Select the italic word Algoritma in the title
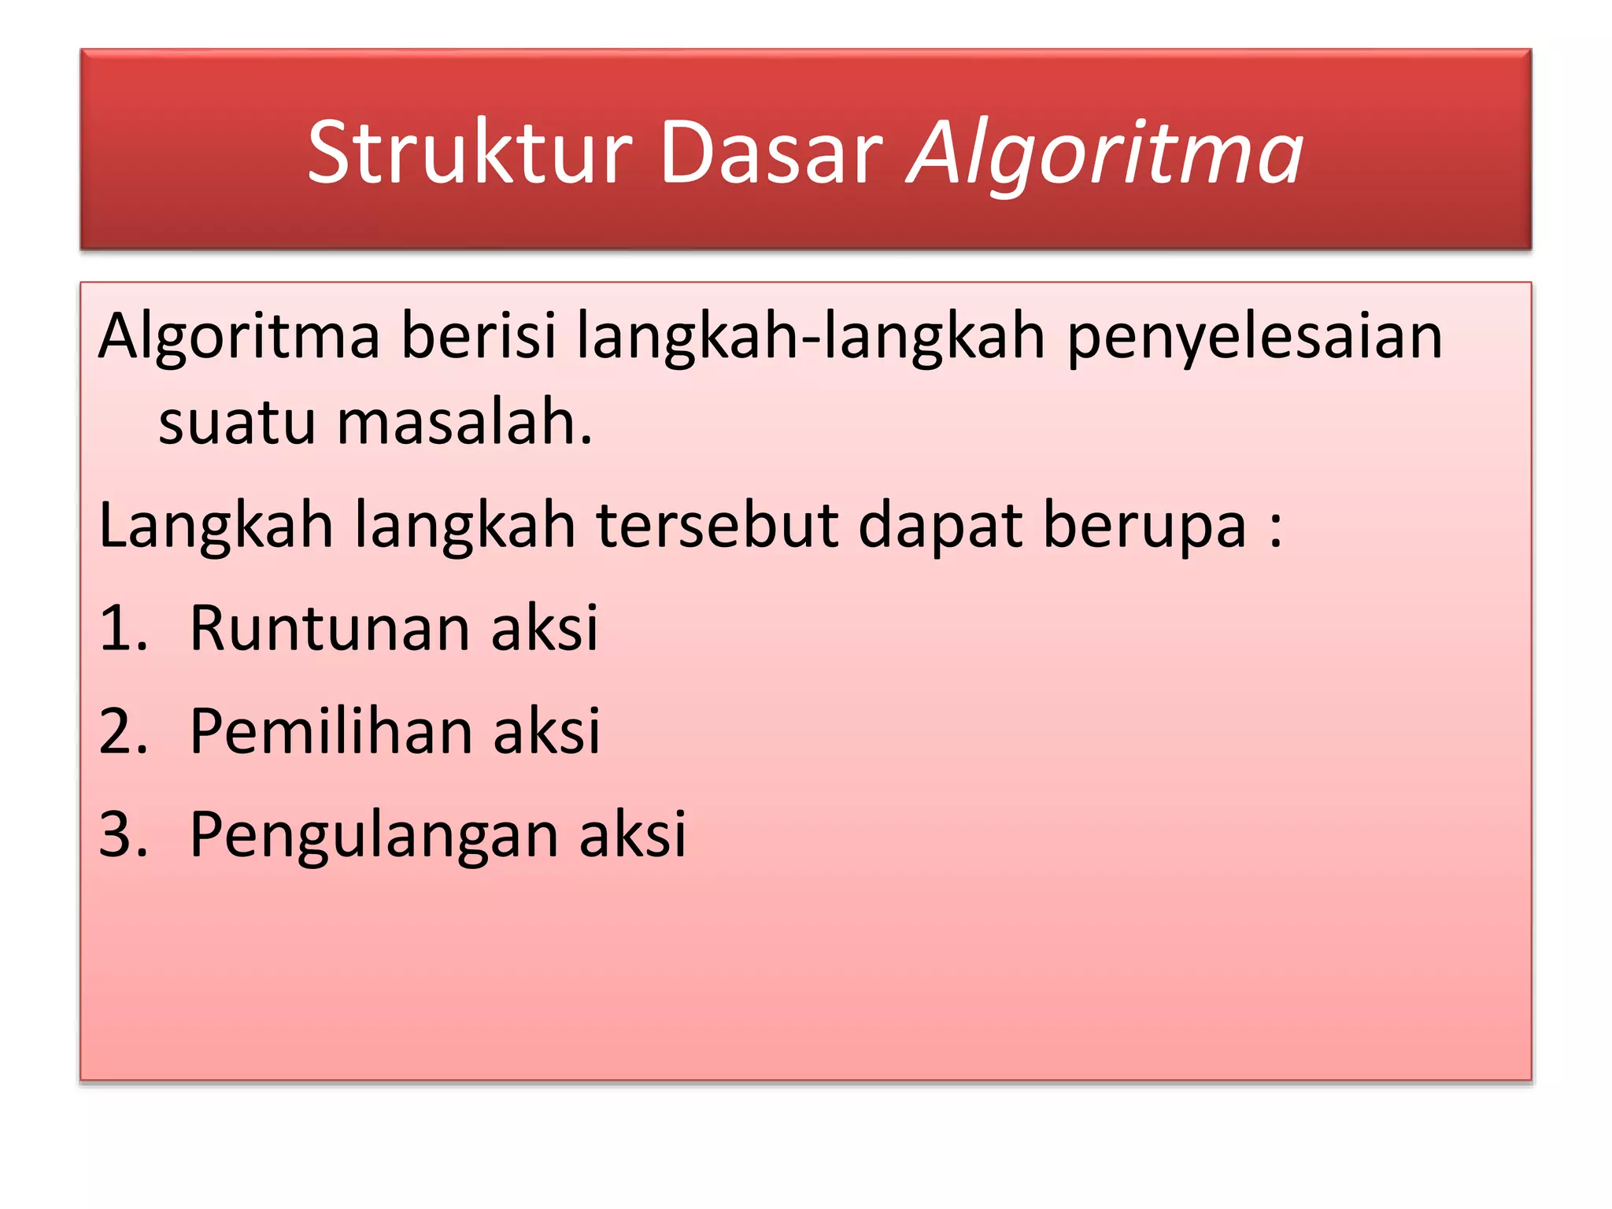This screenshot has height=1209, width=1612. click(1106, 154)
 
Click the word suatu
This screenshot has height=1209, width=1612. click(236, 423)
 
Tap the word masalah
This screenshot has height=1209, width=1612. click(464, 423)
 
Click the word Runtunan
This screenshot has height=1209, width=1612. click(330, 628)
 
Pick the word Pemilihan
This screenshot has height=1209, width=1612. click(331, 731)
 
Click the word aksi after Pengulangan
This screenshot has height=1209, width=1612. click(633, 834)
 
